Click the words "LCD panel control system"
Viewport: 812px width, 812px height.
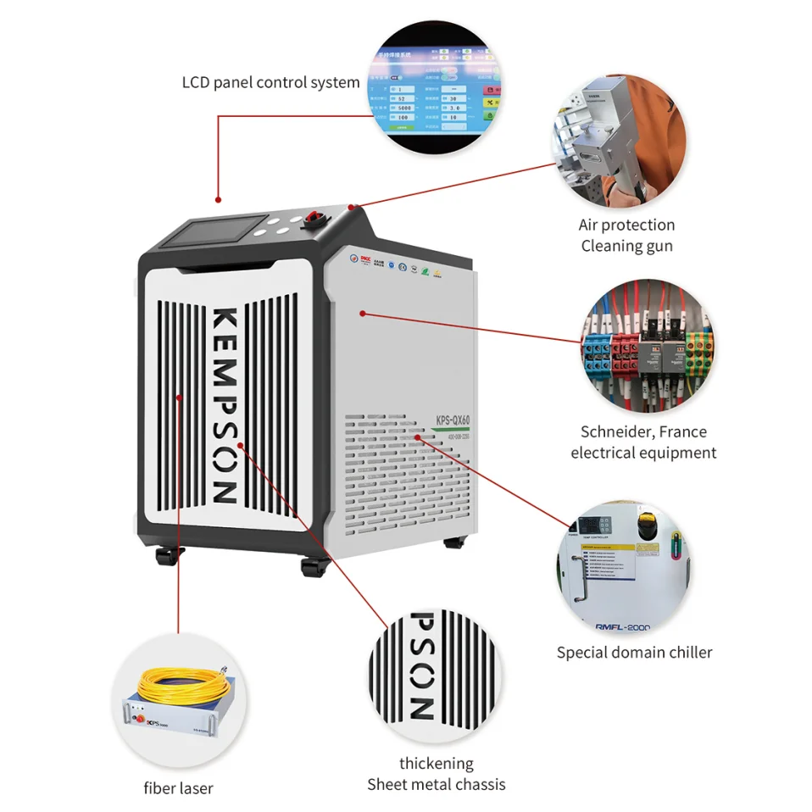tap(270, 83)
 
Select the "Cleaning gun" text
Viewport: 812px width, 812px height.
tap(627, 246)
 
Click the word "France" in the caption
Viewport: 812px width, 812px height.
tap(683, 431)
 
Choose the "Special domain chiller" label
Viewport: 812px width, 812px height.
tap(634, 653)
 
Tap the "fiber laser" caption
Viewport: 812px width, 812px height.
tap(178, 788)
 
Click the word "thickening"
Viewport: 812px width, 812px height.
tap(436, 764)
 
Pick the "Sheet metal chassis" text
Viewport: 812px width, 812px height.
tap(436, 785)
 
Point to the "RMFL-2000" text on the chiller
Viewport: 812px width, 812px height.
tap(616, 627)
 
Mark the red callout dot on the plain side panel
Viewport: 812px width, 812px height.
tap(363, 314)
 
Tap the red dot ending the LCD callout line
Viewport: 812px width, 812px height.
tap(218, 200)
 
